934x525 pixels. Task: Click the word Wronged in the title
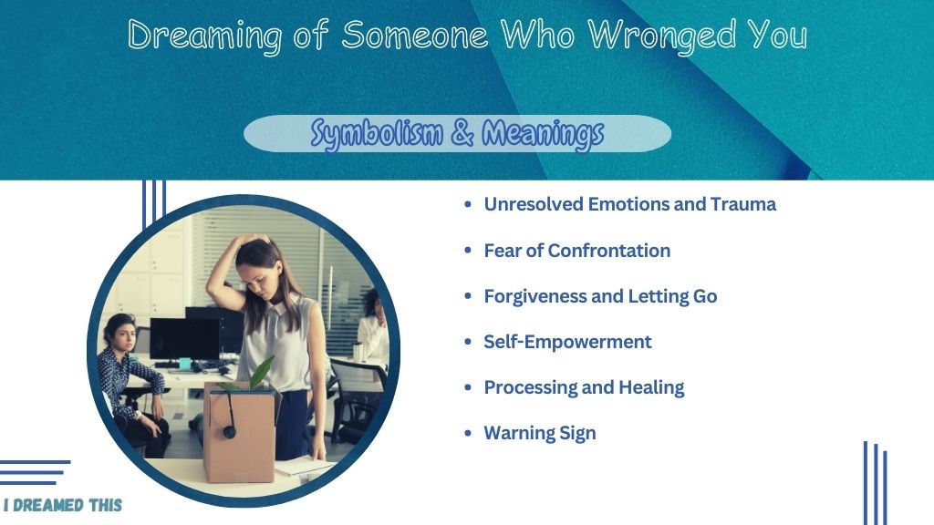(662, 36)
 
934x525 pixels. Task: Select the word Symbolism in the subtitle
(377, 134)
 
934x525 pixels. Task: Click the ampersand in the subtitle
(462, 132)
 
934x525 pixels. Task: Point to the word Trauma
(742, 204)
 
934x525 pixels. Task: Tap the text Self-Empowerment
(567, 343)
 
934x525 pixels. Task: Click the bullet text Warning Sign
(540, 433)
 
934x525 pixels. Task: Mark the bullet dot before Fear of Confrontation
(468, 251)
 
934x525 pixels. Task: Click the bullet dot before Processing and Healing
(468, 387)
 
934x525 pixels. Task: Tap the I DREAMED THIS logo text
(63, 505)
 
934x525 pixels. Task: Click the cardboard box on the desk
(240, 435)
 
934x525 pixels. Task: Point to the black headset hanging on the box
(229, 417)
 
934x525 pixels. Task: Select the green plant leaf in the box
(262, 372)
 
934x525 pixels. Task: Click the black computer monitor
(184, 339)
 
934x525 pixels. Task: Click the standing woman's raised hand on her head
(250, 240)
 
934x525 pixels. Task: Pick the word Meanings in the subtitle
(543, 134)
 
